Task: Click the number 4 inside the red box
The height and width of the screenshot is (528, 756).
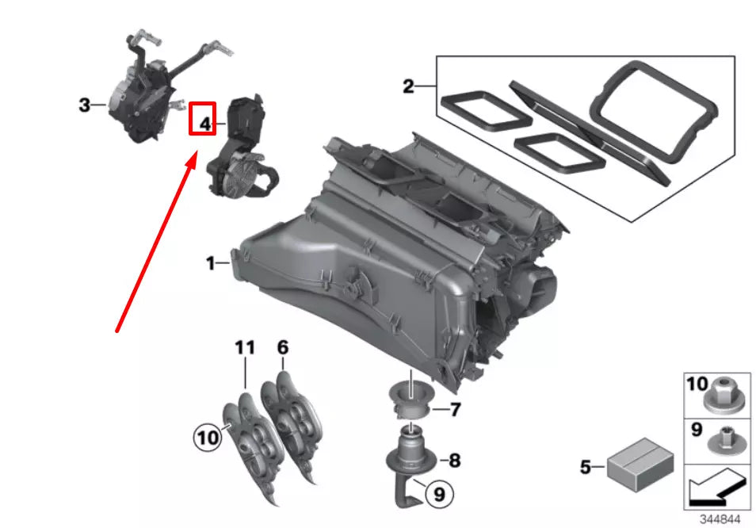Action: [x=204, y=124]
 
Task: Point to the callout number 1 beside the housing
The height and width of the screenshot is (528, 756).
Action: [x=211, y=263]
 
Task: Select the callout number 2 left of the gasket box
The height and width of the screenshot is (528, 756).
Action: [x=408, y=86]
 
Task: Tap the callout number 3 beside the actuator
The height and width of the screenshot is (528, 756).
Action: [x=84, y=105]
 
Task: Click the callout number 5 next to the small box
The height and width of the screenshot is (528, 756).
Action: [x=585, y=468]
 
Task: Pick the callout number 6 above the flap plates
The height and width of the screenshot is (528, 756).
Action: [x=283, y=347]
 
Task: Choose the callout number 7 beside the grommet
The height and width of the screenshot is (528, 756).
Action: [x=455, y=410]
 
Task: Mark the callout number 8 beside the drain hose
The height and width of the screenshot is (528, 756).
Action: [x=455, y=460]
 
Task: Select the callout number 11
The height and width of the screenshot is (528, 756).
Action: [x=245, y=347]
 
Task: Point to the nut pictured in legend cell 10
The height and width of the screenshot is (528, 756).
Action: [x=724, y=392]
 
